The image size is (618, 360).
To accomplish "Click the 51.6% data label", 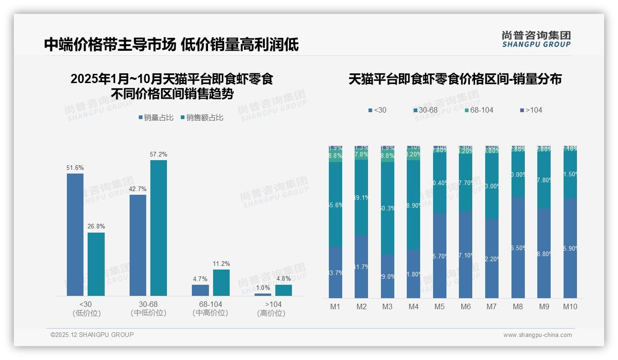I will (75, 168).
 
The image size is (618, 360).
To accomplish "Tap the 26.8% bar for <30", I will (96, 264).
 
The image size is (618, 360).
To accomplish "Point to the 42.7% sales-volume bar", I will (138, 245).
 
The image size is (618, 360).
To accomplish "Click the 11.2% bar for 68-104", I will (221, 282).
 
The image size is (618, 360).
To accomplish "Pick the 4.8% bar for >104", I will (283, 290).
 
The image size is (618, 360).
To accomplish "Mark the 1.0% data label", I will (262, 288).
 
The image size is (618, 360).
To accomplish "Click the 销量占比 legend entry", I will (156, 118).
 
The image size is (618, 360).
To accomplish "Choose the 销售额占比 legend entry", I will (202, 118).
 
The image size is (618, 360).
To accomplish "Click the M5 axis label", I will (439, 306).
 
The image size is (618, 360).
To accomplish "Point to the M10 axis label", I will (570, 306).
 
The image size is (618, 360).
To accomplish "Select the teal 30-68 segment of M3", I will (387, 208).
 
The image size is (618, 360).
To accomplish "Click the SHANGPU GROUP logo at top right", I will (536, 39).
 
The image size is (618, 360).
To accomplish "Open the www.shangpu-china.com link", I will (537, 335).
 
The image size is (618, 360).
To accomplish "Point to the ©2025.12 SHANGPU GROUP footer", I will (92, 335).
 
